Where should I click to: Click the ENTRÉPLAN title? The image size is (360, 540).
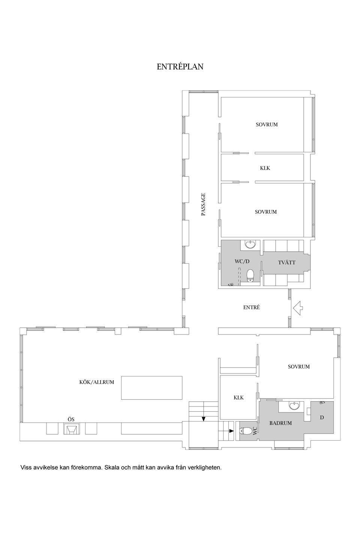(180, 67)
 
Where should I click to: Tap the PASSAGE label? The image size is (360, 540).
(203, 204)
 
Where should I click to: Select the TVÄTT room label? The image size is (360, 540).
(286, 262)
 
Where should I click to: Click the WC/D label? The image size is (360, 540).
(242, 261)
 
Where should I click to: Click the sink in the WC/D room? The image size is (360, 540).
(250, 245)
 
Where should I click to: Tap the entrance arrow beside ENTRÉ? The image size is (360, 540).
(298, 308)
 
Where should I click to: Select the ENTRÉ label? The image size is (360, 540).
(251, 307)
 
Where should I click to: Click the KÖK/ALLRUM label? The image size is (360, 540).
(97, 382)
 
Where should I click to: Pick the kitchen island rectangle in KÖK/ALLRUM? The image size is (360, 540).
(151, 388)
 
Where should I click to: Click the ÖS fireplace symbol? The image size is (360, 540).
(71, 429)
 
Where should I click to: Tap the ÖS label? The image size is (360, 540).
(71, 418)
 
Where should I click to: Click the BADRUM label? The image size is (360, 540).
(280, 423)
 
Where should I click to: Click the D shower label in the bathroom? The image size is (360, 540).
(321, 417)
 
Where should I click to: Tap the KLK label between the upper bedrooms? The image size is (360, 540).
(265, 168)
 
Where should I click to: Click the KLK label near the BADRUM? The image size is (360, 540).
(238, 397)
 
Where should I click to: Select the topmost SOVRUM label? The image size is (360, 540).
(267, 124)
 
